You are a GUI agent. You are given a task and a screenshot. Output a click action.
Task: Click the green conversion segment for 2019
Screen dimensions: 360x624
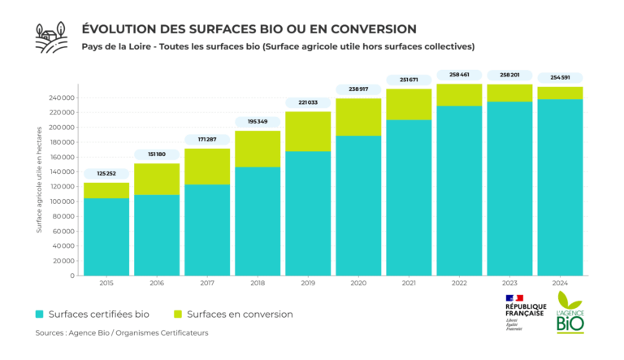[307, 131]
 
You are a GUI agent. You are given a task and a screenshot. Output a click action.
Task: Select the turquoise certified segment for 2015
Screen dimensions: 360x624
[106, 236]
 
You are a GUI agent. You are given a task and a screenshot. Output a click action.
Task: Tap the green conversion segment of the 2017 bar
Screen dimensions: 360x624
[206, 166]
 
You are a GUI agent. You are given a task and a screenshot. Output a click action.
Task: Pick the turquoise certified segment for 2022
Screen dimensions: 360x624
[458, 190]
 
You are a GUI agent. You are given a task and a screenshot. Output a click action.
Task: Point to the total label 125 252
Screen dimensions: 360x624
[106, 172]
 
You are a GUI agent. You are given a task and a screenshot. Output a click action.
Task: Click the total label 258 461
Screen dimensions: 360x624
[458, 74]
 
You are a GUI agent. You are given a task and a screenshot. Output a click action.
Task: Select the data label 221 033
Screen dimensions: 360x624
[307, 102]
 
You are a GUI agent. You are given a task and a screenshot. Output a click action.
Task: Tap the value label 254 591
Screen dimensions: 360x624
[559, 77]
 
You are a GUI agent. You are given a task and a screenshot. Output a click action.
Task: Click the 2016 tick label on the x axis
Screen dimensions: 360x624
[156, 284]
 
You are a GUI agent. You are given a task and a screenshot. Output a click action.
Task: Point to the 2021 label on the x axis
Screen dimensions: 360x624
[408, 284]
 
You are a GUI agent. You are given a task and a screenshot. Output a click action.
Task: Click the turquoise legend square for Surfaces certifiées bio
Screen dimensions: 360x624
[40, 314]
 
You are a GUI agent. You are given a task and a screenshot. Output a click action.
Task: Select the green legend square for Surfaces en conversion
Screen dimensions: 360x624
[178, 314]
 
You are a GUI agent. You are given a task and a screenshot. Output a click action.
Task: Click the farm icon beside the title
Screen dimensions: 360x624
[51, 37]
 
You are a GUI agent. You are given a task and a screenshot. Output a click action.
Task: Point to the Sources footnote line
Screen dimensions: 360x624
[122, 333]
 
